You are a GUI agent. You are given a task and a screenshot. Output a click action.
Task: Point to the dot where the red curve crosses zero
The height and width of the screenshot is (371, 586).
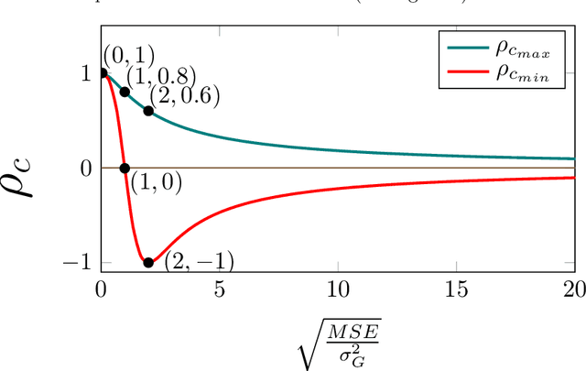point(125,168)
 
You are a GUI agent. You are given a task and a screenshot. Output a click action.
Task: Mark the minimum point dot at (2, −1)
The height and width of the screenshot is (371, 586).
point(148,262)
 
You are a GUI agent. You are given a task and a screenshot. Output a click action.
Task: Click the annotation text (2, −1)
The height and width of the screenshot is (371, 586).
point(199,262)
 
